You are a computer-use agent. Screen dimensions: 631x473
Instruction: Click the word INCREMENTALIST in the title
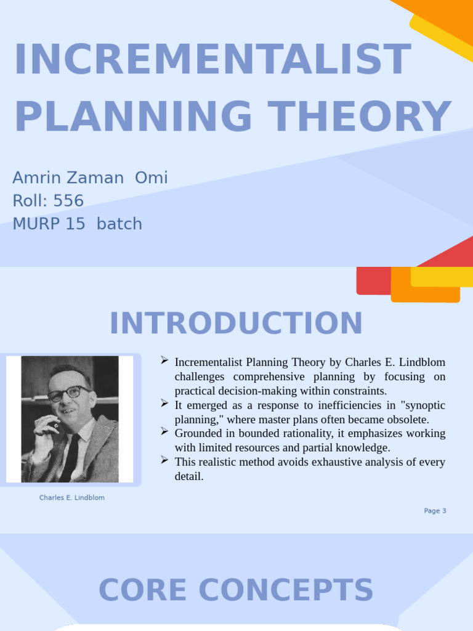(212, 60)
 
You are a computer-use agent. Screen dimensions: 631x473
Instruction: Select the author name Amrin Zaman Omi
(90, 178)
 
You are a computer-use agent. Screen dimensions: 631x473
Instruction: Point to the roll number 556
(68, 201)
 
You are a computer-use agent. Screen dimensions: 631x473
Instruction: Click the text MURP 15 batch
(77, 224)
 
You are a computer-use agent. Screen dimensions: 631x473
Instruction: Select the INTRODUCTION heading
(236, 324)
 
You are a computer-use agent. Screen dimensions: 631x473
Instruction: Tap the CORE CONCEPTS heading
(236, 590)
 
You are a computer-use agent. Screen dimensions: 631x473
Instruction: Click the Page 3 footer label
(435, 511)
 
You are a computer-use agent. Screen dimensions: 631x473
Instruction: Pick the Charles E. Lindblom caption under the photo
(71, 498)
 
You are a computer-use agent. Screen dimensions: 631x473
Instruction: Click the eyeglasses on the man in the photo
(68, 393)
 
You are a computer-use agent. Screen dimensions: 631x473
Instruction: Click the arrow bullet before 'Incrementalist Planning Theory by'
(164, 360)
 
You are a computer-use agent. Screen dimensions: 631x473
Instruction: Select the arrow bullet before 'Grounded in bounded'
(164, 431)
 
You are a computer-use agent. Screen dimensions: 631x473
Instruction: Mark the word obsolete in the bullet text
(408, 419)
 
